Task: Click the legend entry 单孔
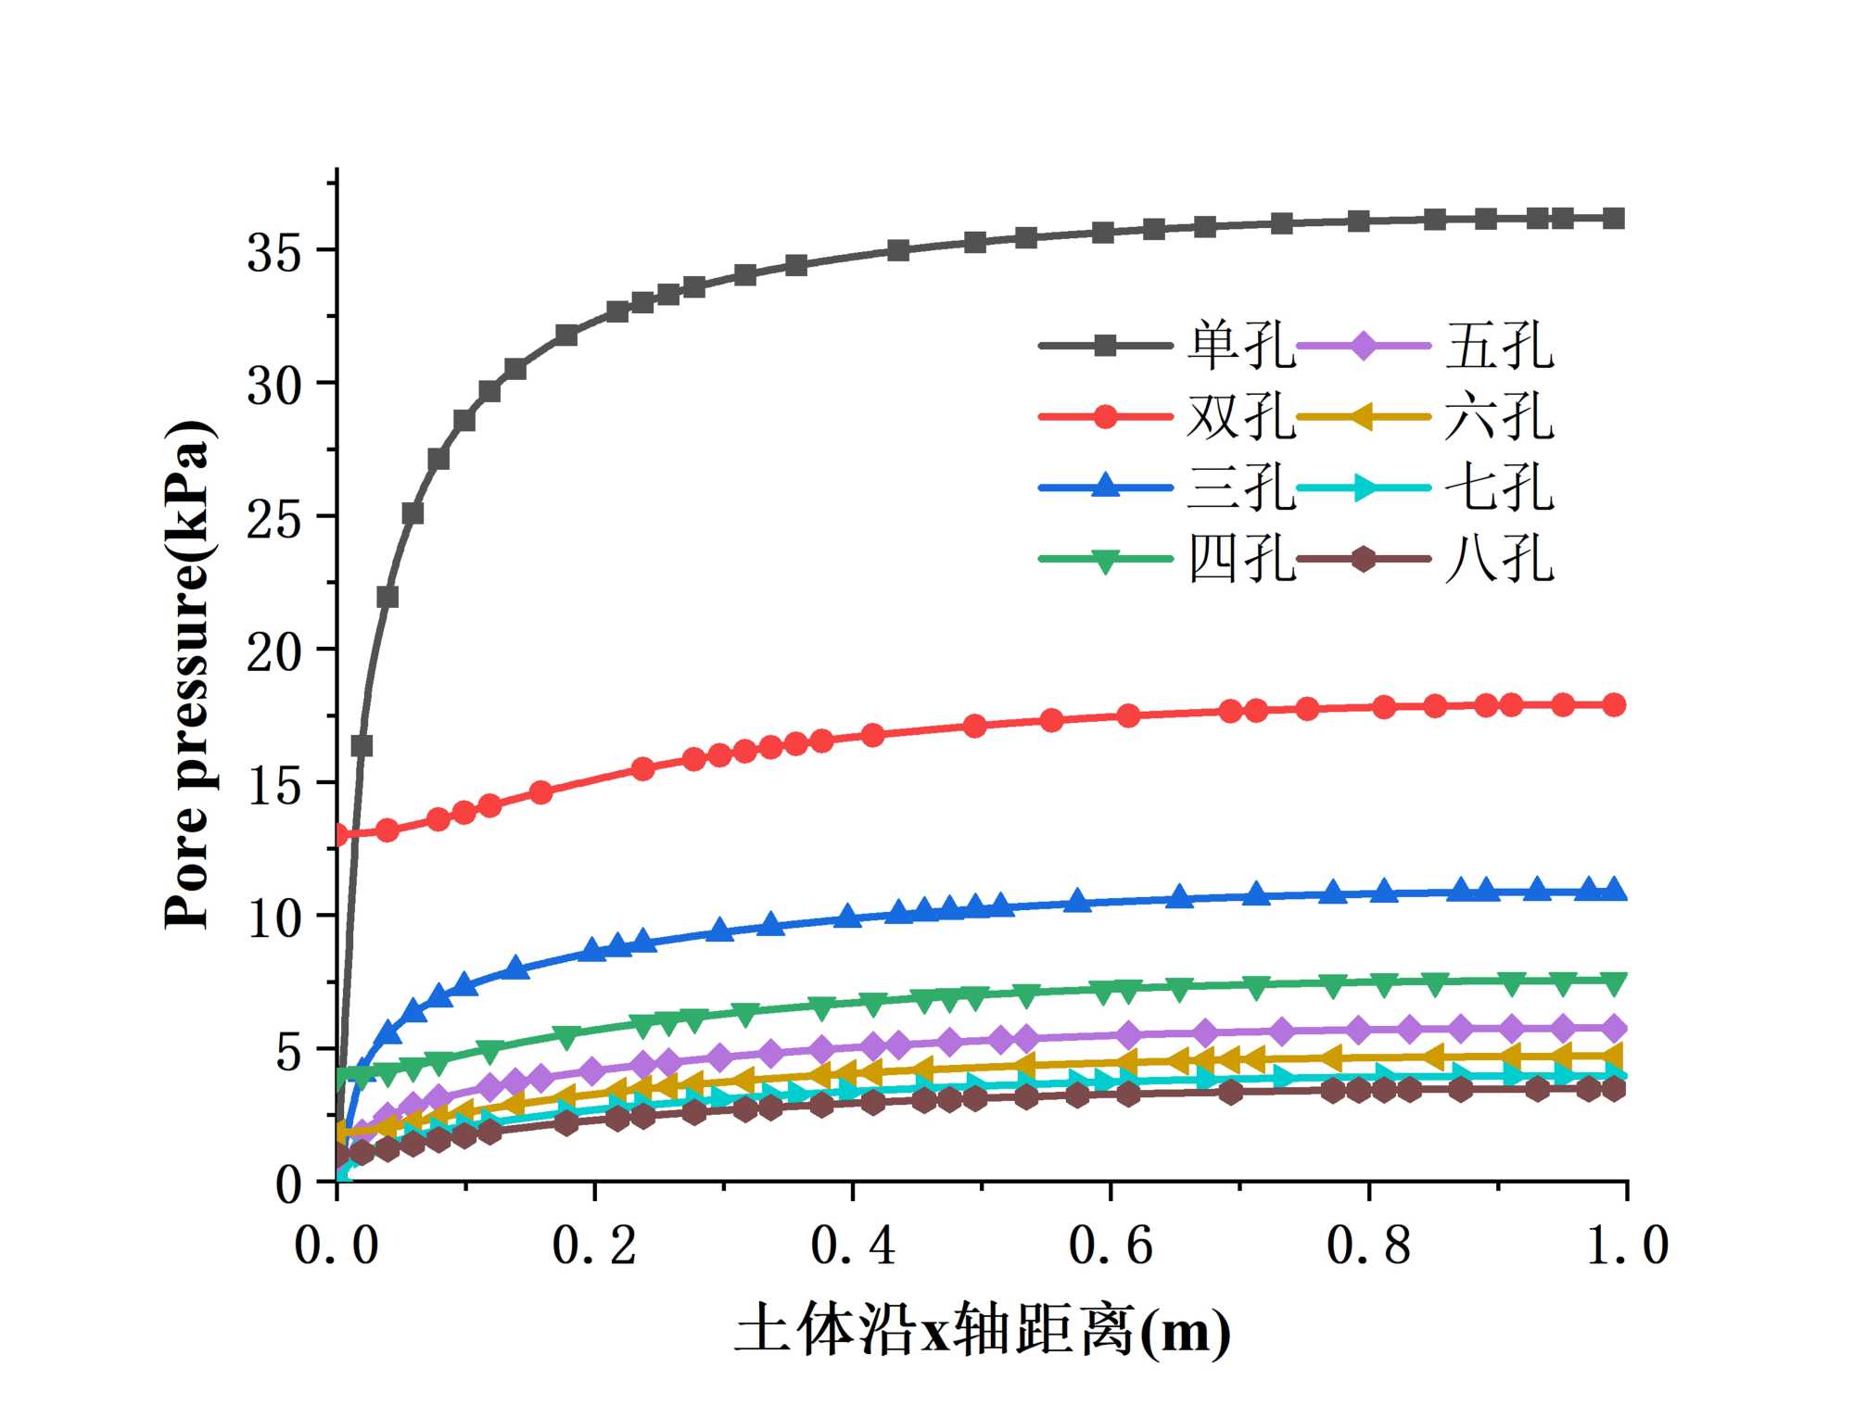pos(1240,346)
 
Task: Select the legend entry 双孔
pos(1240,416)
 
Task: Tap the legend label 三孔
pos(1240,487)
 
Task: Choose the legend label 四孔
pos(1240,558)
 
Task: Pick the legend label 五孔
pos(1499,346)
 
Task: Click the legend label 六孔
pos(1499,416)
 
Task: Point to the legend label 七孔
pos(1499,487)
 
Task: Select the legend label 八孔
pos(1499,558)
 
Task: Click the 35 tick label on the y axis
pos(274,252)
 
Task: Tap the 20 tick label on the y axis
pos(274,652)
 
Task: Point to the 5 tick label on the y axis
pos(289,1051)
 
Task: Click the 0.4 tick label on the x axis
pos(853,1245)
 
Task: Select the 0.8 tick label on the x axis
pos(1369,1245)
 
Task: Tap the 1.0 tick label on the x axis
pos(1627,1245)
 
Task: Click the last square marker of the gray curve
pos(1614,219)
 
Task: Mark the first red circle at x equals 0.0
pos(338,835)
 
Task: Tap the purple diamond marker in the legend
pos(1363,347)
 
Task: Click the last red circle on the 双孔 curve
pos(1614,704)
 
